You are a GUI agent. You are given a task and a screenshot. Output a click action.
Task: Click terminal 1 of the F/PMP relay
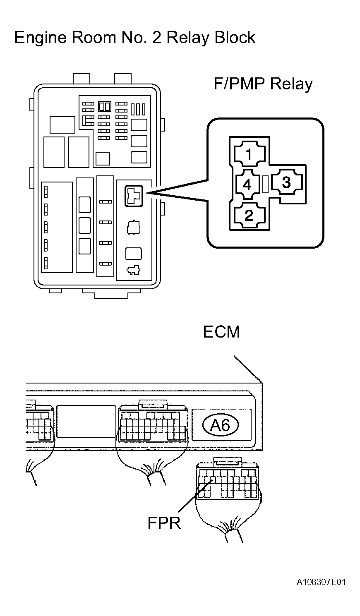[249, 154]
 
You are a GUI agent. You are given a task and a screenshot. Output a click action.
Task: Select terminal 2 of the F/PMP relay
[249, 215]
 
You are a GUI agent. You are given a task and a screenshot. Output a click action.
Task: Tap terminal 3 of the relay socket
[287, 182]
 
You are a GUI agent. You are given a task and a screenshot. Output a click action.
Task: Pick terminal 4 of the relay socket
[247, 184]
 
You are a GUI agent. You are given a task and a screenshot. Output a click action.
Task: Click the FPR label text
[164, 523]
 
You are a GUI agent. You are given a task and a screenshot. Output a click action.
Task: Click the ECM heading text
[221, 332]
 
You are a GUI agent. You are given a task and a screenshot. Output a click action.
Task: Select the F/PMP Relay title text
[263, 84]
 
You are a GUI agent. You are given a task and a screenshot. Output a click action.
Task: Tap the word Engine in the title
[40, 38]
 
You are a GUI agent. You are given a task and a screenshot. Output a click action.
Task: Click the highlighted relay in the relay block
[134, 196]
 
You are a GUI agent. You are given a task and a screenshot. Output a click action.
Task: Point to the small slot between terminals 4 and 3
[265, 184]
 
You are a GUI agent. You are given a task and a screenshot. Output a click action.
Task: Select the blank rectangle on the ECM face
[86, 421]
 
